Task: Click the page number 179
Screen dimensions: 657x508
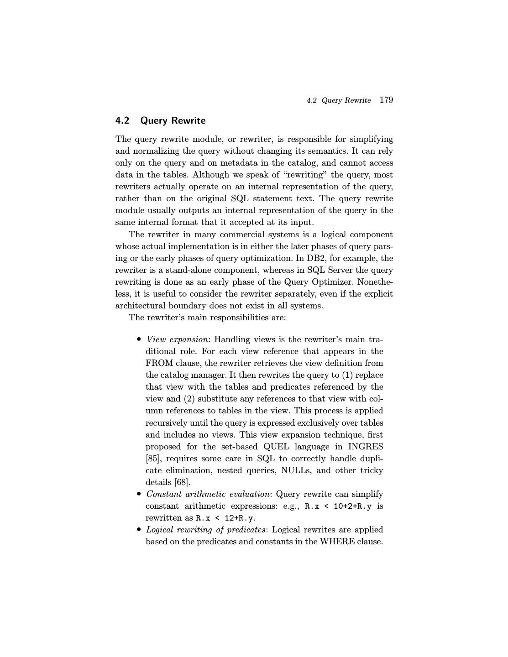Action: click(x=386, y=100)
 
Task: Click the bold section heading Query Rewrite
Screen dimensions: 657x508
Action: click(x=173, y=120)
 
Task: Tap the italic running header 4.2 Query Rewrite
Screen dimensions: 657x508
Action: click(x=339, y=100)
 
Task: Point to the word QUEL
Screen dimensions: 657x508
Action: click(x=276, y=447)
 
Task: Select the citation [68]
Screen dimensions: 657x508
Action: click(x=183, y=482)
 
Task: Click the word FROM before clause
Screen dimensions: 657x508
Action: click(x=158, y=363)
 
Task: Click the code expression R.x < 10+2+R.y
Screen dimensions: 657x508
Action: click(x=338, y=506)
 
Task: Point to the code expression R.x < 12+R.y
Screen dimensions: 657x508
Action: click(x=225, y=518)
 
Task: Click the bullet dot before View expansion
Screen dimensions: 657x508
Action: click(x=139, y=339)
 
